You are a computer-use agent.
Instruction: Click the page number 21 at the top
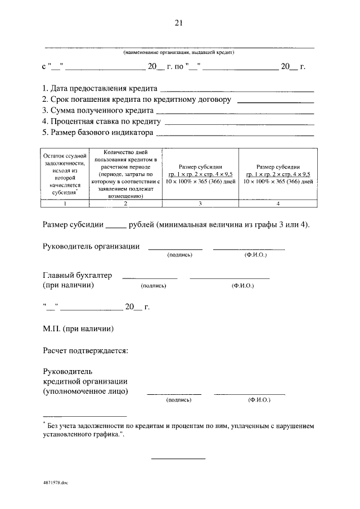point(179,22)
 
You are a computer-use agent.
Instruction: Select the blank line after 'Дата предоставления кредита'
point(237,90)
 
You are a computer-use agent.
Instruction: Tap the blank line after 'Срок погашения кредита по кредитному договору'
point(276,101)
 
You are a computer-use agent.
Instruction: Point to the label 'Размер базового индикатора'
point(98,133)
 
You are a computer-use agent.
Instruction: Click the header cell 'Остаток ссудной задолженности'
point(65,173)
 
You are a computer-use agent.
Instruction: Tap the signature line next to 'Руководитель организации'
point(175,248)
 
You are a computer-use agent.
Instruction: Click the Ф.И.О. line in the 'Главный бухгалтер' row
point(229,278)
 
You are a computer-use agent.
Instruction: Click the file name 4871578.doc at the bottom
point(55,482)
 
